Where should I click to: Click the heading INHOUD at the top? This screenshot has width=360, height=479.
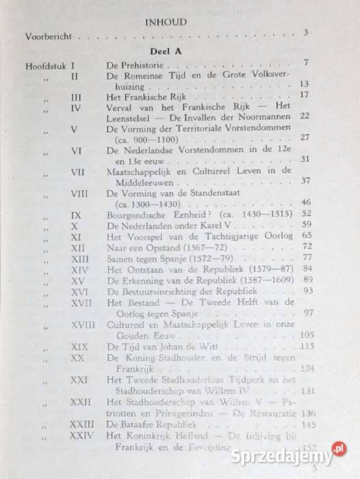(x=166, y=22)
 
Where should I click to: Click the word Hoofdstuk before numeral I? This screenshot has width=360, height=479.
(x=46, y=66)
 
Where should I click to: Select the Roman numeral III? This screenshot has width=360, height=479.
(x=76, y=98)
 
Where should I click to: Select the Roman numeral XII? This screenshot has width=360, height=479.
(x=77, y=247)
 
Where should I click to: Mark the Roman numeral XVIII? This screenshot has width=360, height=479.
(x=82, y=323)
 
